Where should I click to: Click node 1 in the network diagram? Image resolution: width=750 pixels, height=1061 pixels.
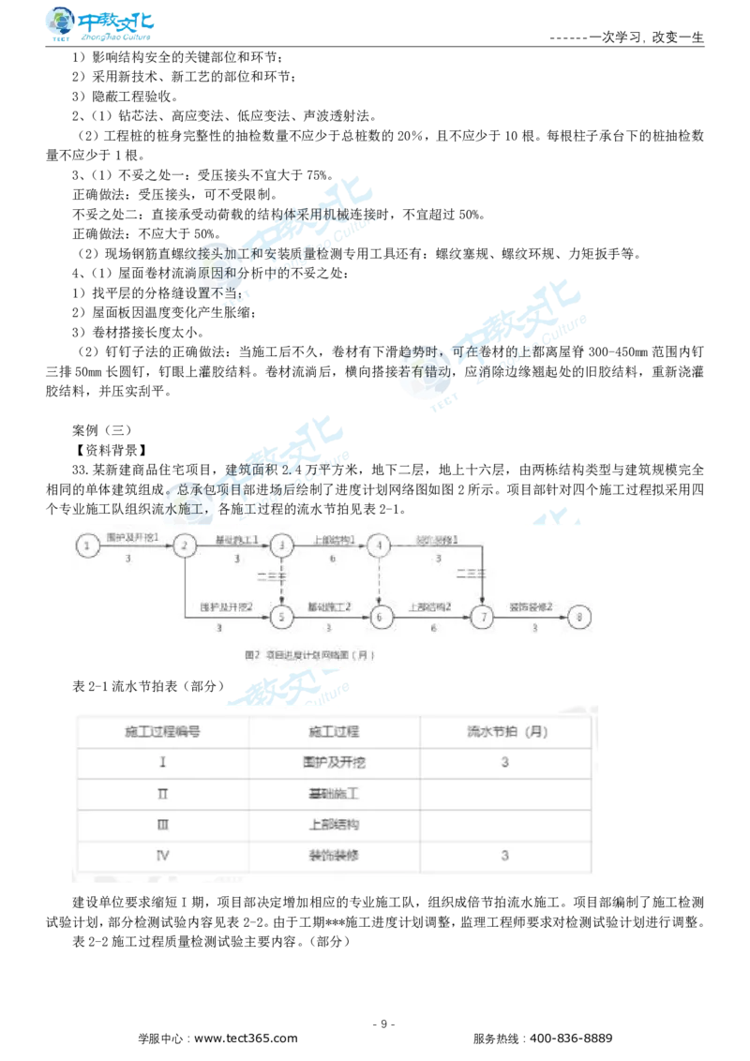[87, 545]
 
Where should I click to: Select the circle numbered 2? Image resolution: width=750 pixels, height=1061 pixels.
[185, 545]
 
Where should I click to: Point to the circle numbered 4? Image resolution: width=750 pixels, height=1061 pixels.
[379, 545]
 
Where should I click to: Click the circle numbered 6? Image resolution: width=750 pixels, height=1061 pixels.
[381, 617]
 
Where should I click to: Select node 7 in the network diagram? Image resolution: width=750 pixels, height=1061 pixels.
[483, 617]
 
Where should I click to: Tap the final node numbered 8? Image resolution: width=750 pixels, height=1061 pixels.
[581, 617]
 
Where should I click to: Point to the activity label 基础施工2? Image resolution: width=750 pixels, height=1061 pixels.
[328, 607]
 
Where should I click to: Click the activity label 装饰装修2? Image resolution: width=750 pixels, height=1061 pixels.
[532, 607]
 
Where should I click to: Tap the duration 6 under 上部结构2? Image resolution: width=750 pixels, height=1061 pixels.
[433, 628]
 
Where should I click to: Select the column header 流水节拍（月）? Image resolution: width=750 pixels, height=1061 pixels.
[505, 731]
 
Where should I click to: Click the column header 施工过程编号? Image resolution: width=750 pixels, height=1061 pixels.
[163, 731]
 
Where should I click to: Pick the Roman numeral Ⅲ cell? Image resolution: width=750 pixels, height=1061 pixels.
[163, 825]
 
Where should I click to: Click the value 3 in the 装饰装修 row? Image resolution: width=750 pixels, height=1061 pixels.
[505, 856]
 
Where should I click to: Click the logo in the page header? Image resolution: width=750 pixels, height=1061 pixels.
[101, 25]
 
